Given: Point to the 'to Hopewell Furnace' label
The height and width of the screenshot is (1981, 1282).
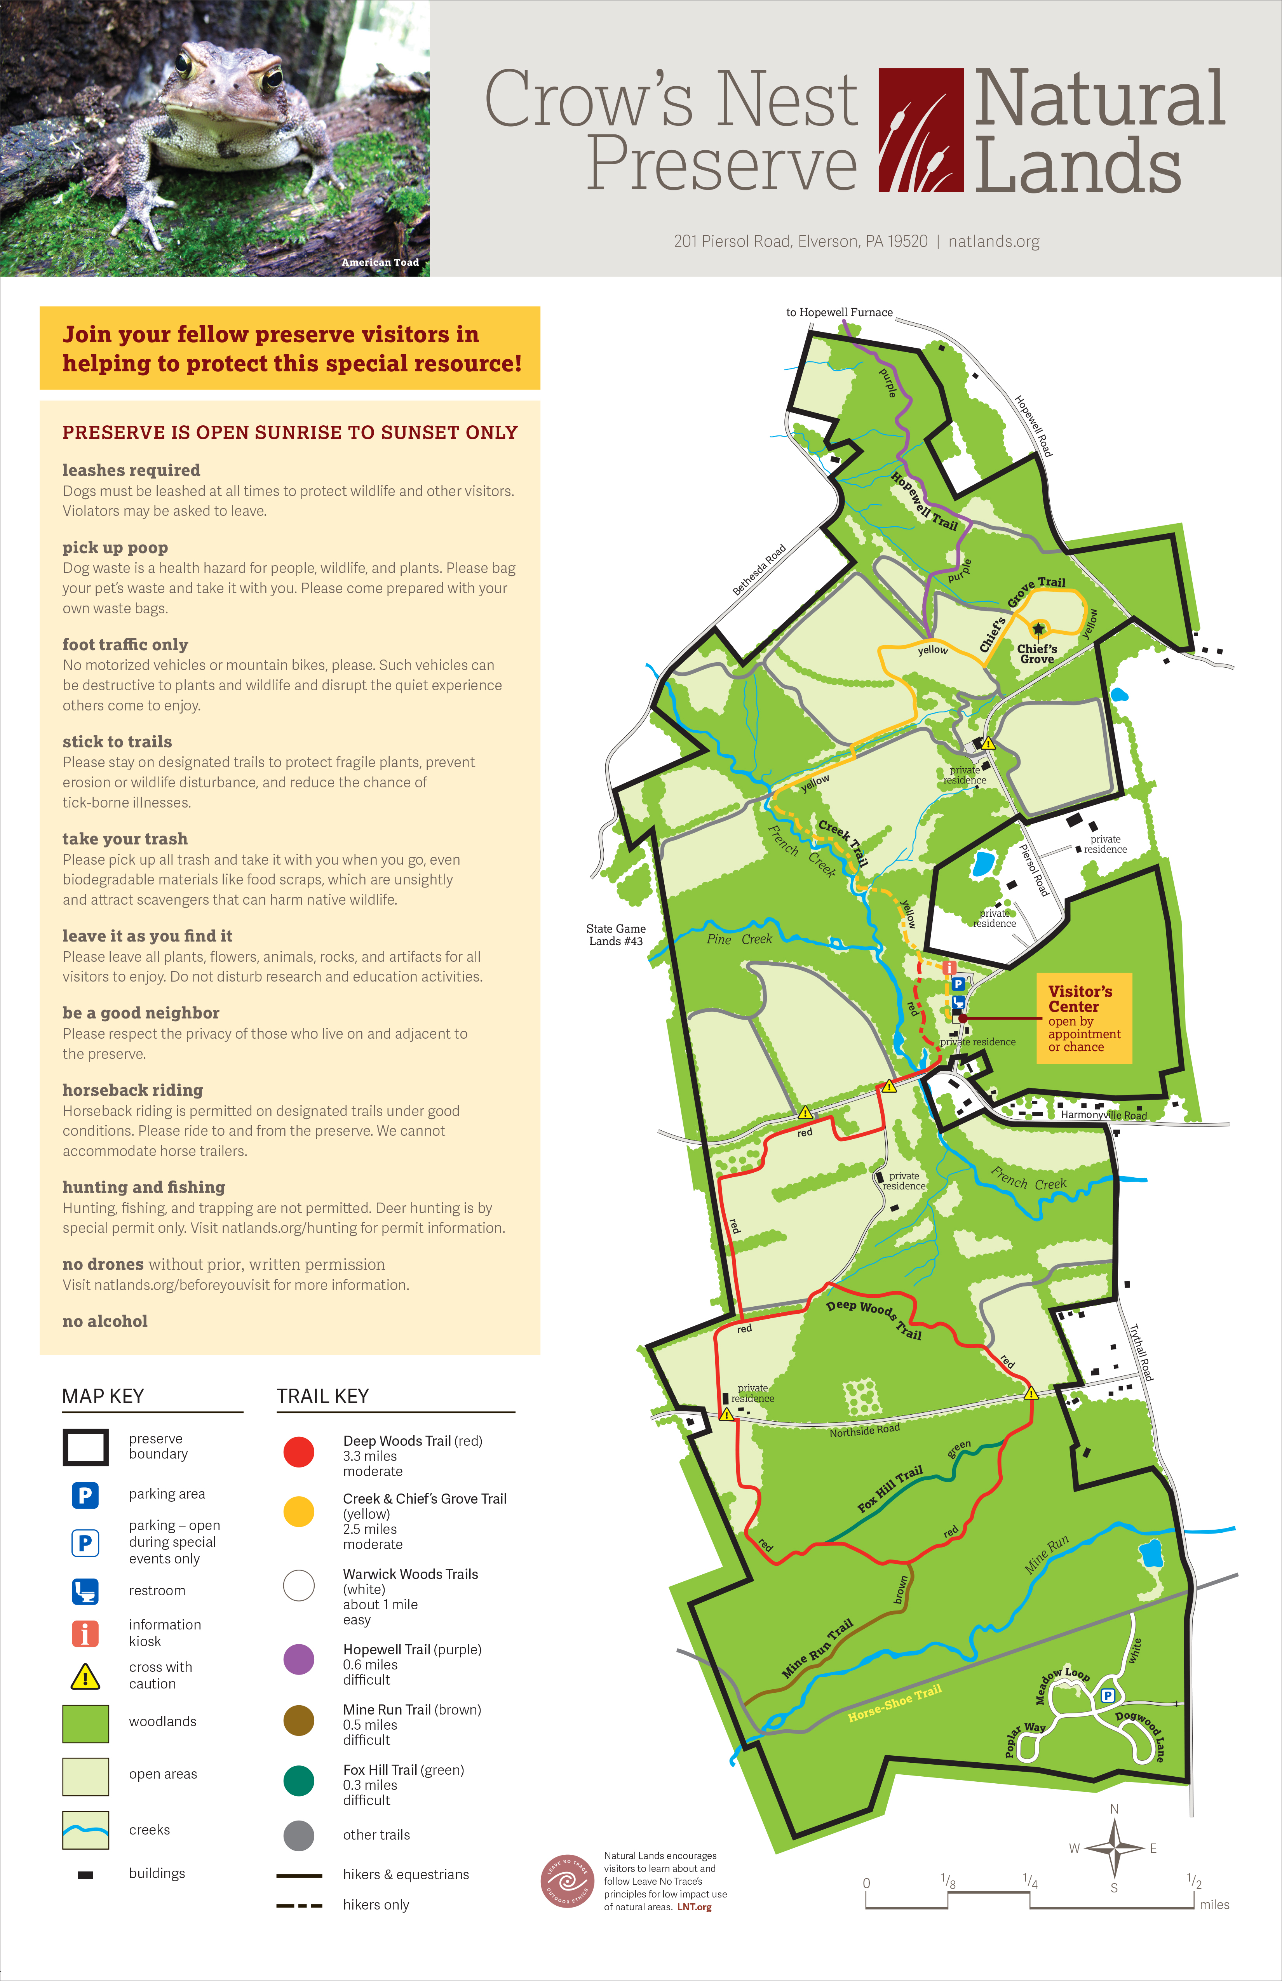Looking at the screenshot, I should [x=839, y=312].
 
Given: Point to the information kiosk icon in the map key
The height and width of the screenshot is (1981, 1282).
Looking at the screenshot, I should [x=85, y=1633].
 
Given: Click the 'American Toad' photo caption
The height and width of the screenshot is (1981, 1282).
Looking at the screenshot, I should [x=380, y=262].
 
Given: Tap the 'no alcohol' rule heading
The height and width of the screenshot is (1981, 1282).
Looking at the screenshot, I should [x=105, y=1321].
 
